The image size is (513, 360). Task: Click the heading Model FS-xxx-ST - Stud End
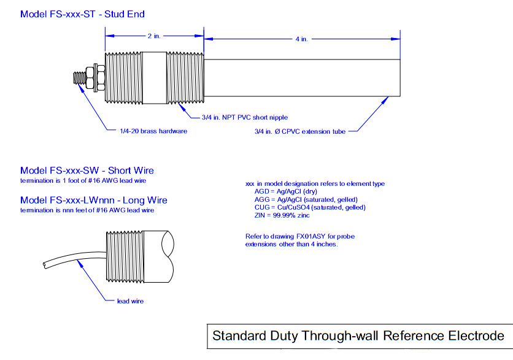82,13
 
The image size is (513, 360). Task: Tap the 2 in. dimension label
153,36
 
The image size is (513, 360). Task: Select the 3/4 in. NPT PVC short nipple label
244,117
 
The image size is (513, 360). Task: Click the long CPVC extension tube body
301,78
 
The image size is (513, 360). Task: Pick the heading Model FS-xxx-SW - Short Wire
87,170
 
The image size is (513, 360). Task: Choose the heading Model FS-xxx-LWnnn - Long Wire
93,200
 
